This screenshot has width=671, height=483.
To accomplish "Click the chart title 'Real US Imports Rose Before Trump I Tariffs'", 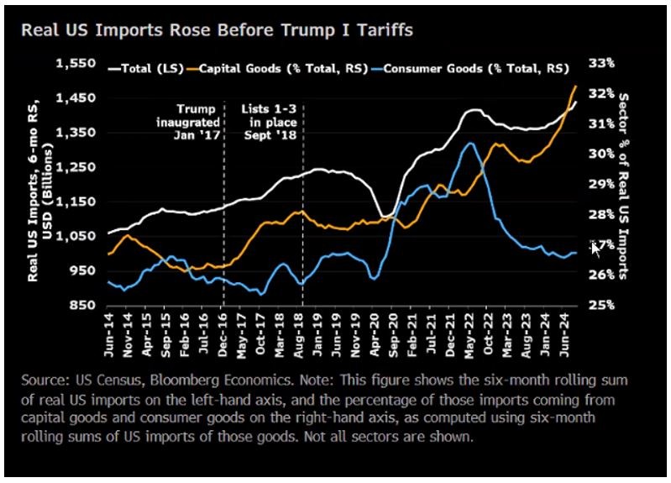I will (x=216, y=31).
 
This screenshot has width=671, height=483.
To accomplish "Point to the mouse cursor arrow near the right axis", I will (x=595, y=247).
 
